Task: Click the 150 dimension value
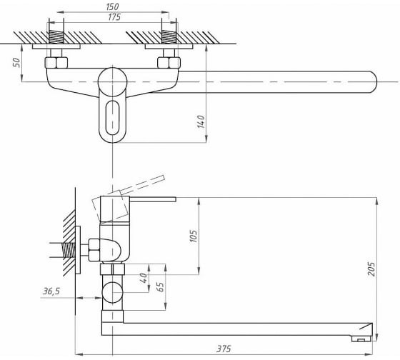[x=113, y=6]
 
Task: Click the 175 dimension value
[x=114, y=17]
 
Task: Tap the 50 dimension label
[x=16, y=63]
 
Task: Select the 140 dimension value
[x=201, y=121]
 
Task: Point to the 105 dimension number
[x=194, y=236]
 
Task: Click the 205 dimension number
[x=371, y=269]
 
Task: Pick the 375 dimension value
[x=224, y=349]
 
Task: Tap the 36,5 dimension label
[x=51, y=291]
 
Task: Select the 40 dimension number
[x=144, y=278]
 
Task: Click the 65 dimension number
[x=160, y=286]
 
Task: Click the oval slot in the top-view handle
[x=112, y=118]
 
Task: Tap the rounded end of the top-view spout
[x=372, y=82]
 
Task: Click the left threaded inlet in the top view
[x=56, y=37]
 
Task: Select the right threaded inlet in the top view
[x=169, y=37]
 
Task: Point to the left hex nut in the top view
[x=56, y=63]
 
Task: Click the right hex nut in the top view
[x=169, y=63]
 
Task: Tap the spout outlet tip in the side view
[x=361, y=339]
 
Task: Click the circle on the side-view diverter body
[x=112, y=292]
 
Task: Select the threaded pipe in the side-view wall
[x=68, y=250]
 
